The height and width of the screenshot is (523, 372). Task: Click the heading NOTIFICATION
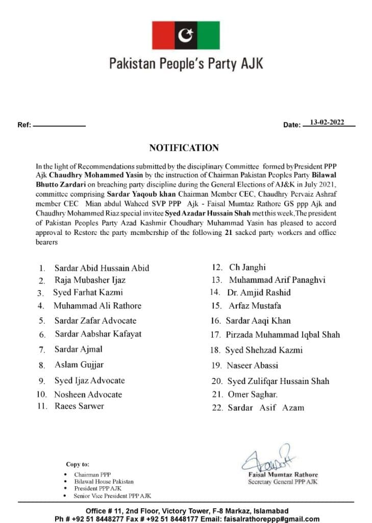click(x=184, y=148)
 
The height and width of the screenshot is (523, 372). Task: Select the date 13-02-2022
click(x=327, y=122)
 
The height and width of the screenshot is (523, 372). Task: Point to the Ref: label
click(x=24, y=125)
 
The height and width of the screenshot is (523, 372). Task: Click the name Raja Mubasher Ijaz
click(x=90, y=280)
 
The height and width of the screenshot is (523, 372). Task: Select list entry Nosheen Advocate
click(x=88, y=394)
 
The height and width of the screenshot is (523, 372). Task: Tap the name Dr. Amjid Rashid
click(x=260, y=292)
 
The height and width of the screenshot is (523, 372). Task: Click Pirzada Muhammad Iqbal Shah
click(x=283, y=335)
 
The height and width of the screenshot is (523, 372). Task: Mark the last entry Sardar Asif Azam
click(x=265, y=408)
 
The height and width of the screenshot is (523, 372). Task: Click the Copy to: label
click(x=78, y=464)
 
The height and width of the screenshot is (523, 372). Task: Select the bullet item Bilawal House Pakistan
click(x=104, y=482)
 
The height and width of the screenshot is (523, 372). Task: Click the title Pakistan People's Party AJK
click(x=186, y=64)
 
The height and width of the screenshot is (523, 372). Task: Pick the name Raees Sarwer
click(x=79, y=406)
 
